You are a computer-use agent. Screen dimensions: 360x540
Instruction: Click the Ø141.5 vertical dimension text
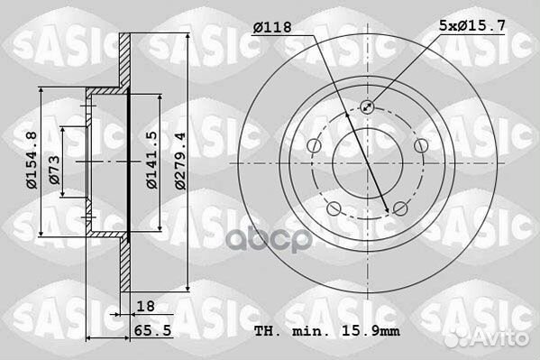[x=153, y=161]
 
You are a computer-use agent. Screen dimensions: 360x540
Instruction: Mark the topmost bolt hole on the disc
[x=368, y=106]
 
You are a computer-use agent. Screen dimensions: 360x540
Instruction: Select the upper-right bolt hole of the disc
[x=420, y=145]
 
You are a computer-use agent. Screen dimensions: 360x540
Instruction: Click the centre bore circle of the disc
[x=367, y=162]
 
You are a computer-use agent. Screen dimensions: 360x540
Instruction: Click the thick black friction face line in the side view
[x=130, y=162]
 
